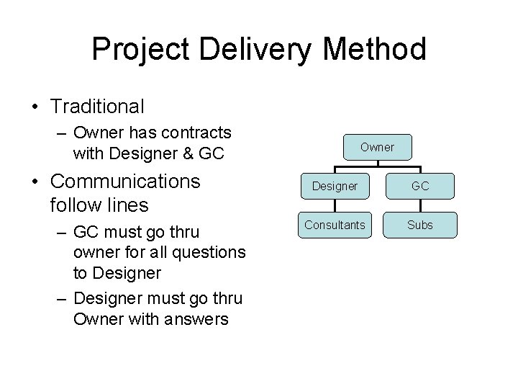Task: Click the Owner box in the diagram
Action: pyautogui.click(x=377, y=147)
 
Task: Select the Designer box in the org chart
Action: pyautogui.click(x=335, y=186)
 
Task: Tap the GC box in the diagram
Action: pyautogui.click(x=420, y=186)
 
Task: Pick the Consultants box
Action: pyautogui.click(x=335, y=225)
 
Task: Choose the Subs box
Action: pyautogui.click(x=420, y=225)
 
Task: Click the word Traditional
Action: pyautogui.click(x=97, y=107)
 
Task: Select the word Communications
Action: pyautogui.click(x=126, y=180)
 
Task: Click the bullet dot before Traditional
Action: pyautogui.click(x=35, y=107)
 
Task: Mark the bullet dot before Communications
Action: pyautogui.click(x=35, y=181)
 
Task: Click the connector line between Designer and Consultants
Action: pyautogui.click(x=335, y=205)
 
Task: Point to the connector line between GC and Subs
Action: pyautogui.click(x=420, y=205)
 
